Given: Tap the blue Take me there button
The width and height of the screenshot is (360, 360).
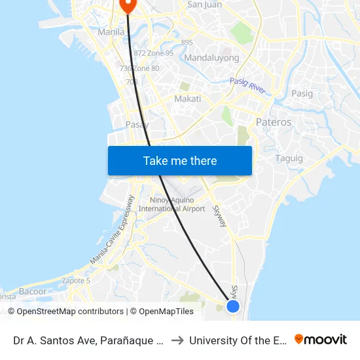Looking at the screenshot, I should [x=180, y=160].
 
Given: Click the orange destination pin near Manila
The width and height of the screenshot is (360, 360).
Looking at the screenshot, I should [x=127, y=5].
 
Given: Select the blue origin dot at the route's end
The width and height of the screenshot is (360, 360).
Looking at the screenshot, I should [x=232, y=306].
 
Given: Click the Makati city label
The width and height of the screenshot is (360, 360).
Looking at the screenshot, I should [x=187, y=99].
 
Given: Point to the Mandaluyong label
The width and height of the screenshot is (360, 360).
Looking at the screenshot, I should [x=211, y=58].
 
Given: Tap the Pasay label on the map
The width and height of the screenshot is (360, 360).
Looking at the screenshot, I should [x=137, y=124].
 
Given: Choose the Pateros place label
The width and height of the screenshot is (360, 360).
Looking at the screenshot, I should [x=274, y=122].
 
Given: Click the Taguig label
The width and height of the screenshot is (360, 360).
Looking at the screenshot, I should [x=289, y=158].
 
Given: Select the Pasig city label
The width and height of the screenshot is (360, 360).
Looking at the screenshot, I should [x=302, y=94].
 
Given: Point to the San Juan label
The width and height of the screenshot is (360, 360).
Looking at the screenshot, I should [x=204, y=5].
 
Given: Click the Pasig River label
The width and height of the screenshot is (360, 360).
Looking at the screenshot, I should [x=248, y=86].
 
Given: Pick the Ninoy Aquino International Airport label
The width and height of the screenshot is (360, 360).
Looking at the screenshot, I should [x=172, y=204].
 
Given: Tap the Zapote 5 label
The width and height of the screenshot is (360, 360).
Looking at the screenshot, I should [x=75, y=280].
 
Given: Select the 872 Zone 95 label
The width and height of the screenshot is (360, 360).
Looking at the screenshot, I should [x=153, y=53].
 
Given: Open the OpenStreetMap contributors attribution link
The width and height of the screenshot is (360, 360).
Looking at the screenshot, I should [x=65, y=312].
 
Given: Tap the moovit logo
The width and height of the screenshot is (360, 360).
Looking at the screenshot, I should [x=321, y=340].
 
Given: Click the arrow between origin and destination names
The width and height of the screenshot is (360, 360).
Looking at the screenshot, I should [x=177, y=340].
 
